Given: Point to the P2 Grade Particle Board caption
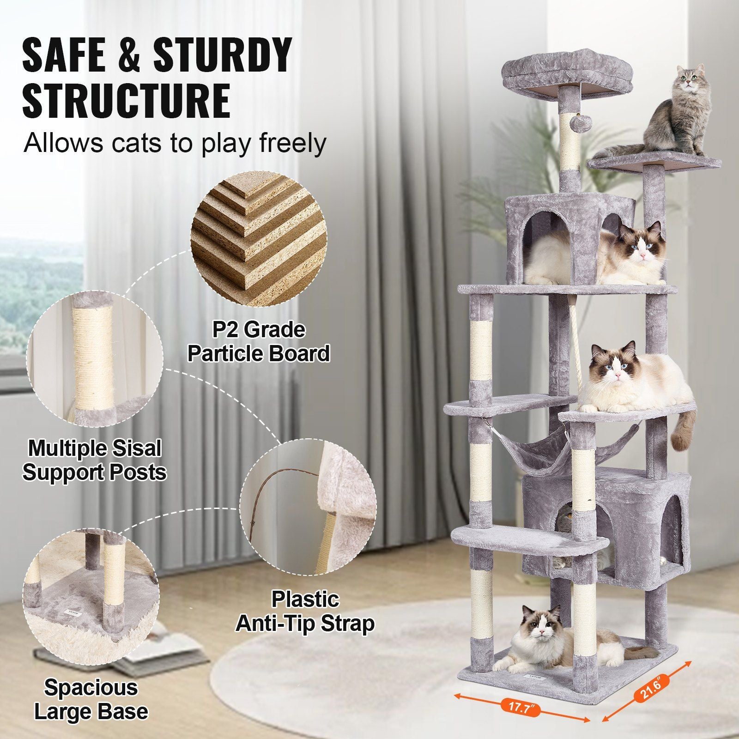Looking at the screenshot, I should pyautogui.click(x=259, y=342).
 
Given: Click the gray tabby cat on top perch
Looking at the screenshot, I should pyautogui.click(x=679, y=113).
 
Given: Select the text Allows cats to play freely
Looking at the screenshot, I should pyautogui.click(x=175, y=143).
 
